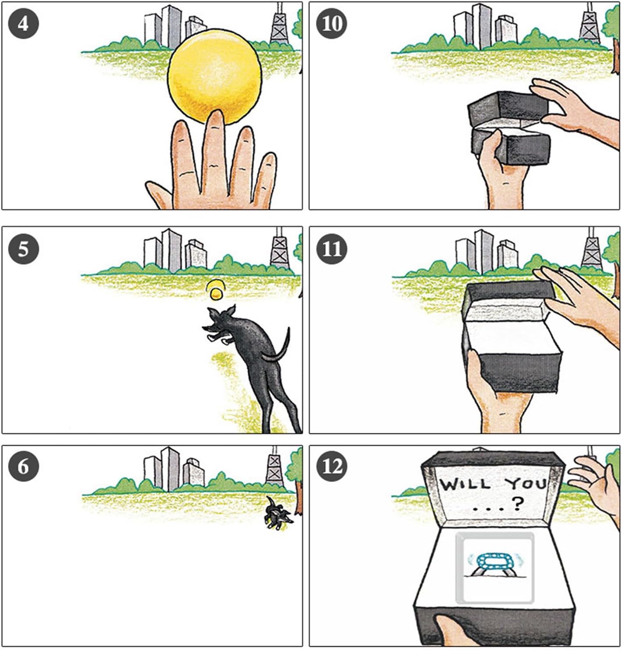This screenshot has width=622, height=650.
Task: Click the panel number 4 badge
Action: coord(23,24)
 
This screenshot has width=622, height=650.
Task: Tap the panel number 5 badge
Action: coord(23,249)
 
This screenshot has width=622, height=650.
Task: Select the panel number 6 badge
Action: coord(23,466)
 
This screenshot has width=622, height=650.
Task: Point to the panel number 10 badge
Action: coord(331,24)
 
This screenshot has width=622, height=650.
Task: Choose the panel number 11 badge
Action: coord(331,249)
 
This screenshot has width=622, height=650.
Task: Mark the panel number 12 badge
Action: coord(331,466)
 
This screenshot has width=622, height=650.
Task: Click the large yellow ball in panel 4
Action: coord(215,77)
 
